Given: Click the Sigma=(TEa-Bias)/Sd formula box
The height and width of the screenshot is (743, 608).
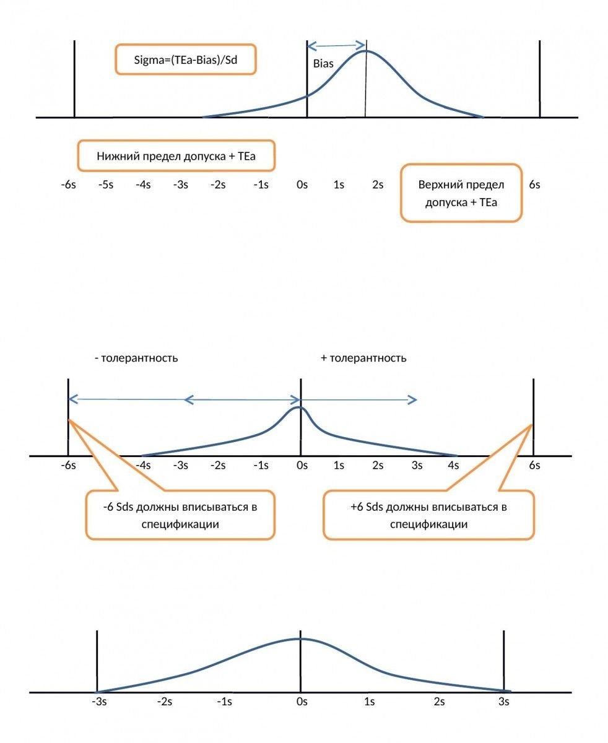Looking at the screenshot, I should [x=185, y=59].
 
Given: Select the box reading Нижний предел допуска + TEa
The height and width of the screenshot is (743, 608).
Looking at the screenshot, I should [x=176, y=155].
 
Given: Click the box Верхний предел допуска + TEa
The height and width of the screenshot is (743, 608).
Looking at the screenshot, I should [x=461, y=193].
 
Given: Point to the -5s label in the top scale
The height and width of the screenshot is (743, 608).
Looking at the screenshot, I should [x=105, y=185].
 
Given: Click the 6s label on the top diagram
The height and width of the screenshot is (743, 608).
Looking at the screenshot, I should [x=534, y=185].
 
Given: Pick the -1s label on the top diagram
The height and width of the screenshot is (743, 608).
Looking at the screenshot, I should [x=260, y=185].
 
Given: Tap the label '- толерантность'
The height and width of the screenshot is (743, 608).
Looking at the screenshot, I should [x=136, y=358].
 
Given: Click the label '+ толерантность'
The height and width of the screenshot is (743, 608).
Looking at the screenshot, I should [x=363, y=358].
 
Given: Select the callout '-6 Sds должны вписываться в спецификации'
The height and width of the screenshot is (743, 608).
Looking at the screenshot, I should [x=180, y=515].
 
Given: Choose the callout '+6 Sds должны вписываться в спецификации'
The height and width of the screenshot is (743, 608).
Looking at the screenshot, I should [x=428, y=515].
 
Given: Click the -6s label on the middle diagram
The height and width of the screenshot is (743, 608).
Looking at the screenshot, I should [x=68, y=465].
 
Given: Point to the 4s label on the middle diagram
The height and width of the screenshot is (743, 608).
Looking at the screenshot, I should [x=453, y=465].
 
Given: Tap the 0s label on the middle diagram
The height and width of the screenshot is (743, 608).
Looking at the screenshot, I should [x=302, y=465].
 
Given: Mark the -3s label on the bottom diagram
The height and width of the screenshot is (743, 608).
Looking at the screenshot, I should [x=98, y=702].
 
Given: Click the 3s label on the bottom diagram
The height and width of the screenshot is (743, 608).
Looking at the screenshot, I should [x=504, y=702].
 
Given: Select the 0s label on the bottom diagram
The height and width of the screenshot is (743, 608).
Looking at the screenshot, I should [x=302, y=702].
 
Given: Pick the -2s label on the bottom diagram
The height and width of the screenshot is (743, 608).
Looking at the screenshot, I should [x=164, y=702].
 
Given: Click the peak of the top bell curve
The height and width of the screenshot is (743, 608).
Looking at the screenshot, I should [x=365, y=51].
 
